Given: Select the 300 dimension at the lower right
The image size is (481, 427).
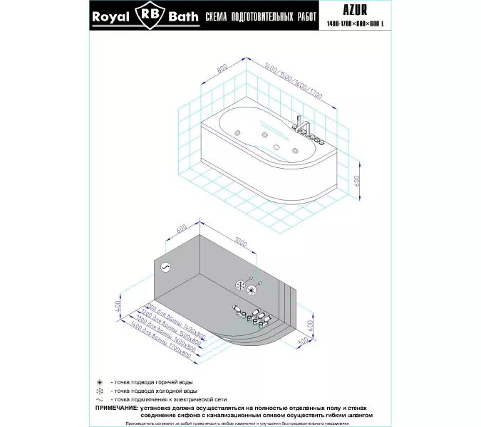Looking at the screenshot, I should (305, 343).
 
